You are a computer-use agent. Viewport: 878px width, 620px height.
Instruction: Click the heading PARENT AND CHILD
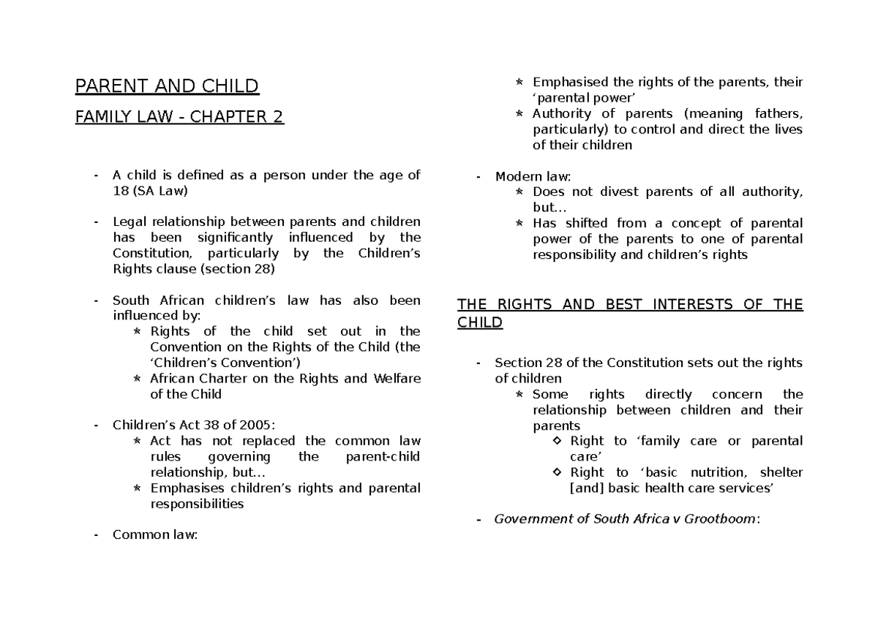(167, 87)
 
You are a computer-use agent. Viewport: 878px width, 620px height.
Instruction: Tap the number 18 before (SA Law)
(120, 191)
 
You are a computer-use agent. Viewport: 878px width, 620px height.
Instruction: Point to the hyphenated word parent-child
(381, 457)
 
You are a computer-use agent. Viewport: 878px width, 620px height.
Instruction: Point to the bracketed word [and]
(586, 488)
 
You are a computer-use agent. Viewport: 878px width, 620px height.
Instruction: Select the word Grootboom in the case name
(721, 520)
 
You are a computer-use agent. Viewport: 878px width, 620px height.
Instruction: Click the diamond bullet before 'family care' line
(558, 442)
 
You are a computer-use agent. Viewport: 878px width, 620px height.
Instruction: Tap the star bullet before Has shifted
(519, 224)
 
